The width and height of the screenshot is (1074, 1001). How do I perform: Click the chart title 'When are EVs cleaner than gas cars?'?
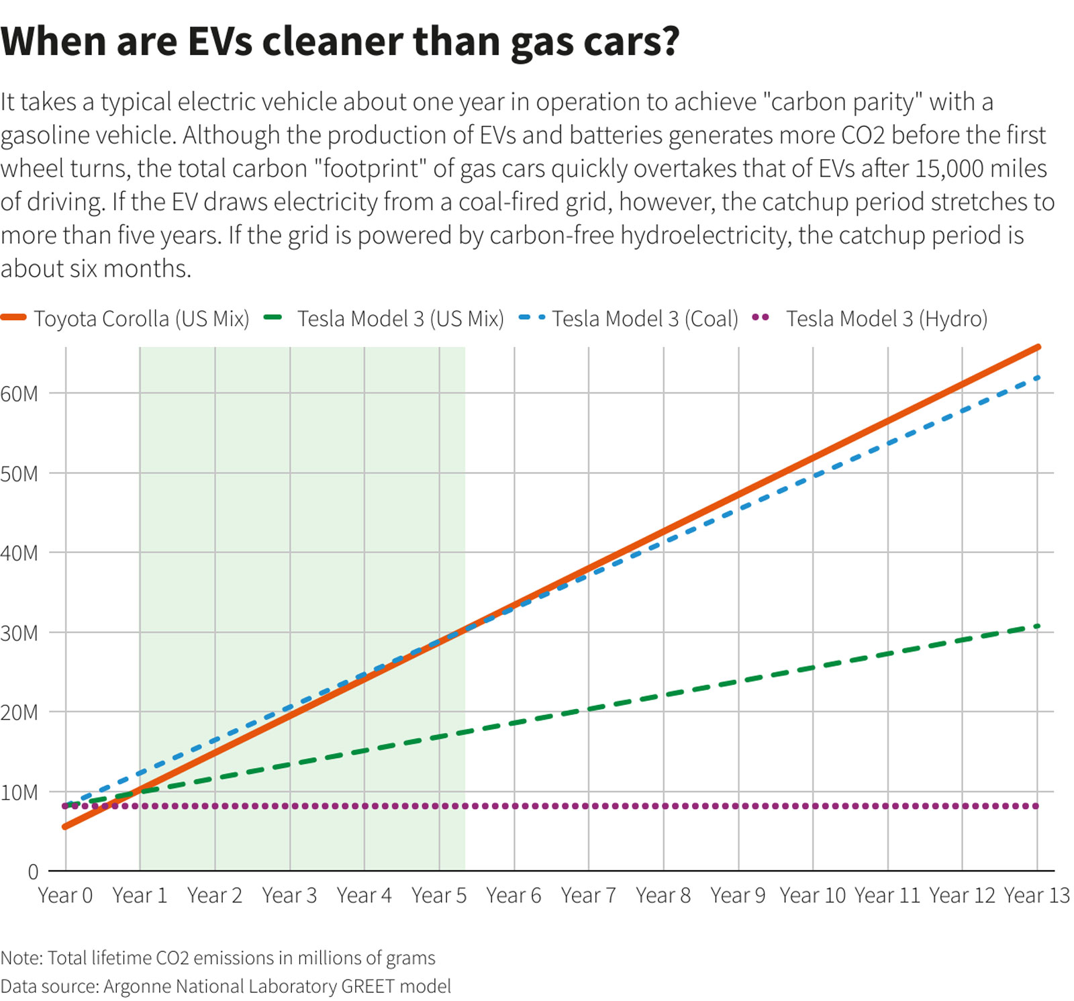click(x=340, y=42)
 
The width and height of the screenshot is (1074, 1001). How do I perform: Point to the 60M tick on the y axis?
click(x=19, y=393)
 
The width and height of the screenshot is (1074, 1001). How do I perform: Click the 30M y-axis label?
click(x=19, y=633)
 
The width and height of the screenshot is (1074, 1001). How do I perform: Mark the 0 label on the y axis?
click(x=33, y=872)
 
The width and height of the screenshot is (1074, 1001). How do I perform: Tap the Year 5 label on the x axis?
click(x=439, y=896)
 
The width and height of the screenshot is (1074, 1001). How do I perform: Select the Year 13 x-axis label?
click(x=1036, y=896)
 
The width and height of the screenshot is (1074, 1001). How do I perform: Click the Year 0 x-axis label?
click(x=65, y=896)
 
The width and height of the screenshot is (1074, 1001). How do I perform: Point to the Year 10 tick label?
click(x=812, y=896)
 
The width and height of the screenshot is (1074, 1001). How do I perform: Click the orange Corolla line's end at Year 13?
click(x=1038, y=347)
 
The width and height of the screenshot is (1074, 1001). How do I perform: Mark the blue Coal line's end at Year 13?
click(x=1038, y=378)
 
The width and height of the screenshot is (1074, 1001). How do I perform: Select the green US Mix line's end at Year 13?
click(x=1038, y=626)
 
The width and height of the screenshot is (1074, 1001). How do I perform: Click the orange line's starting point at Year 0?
click(x=65, y=826)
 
